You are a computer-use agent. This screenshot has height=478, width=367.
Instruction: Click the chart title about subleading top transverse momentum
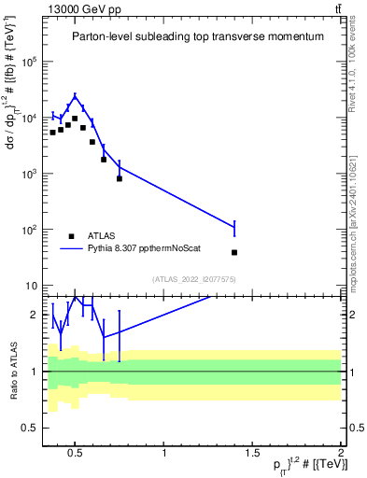point(198,36)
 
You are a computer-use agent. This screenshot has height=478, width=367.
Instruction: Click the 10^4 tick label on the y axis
point(29,118)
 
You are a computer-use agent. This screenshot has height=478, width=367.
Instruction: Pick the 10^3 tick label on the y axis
point(29,174)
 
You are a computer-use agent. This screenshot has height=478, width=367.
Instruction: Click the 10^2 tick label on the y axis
point(29,230)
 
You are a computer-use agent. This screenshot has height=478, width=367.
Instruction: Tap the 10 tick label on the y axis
point(31,286)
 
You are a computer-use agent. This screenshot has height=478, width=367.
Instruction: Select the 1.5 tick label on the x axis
point(253,454)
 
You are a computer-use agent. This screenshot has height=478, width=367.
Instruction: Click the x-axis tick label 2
point(341,454)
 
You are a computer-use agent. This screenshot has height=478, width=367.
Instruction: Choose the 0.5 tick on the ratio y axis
point(30,428)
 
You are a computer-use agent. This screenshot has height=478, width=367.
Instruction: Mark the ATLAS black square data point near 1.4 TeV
point(234,252)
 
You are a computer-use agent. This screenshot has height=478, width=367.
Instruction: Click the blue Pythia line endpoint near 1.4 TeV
point(234,227)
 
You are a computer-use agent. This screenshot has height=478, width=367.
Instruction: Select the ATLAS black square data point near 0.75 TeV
point(120,178)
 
